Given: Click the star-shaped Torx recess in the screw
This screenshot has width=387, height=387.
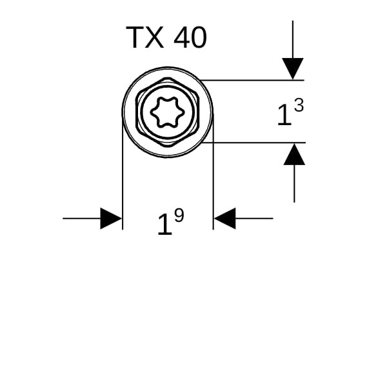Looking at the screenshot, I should [x=167, y=113].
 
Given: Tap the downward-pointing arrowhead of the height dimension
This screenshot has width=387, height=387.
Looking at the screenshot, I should [x=293, y=68].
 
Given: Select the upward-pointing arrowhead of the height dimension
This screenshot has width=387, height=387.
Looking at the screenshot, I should [x=294, y=154].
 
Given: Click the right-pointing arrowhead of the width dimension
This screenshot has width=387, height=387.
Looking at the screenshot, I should [x=111, y=219].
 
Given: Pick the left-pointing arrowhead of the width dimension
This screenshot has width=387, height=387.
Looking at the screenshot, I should [x=224, y=219].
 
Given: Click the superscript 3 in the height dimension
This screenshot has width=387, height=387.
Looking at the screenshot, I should [x=297, y=105].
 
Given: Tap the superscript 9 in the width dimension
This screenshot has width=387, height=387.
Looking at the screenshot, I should [x=179, y=215].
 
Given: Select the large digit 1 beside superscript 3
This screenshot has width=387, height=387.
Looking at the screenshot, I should [x=283, y=116].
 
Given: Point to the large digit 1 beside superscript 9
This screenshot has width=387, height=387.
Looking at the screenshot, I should [x=164, y=226].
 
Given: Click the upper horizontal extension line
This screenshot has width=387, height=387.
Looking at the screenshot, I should [x=252, y=80].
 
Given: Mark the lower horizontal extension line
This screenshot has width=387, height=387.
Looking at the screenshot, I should [x=252, y=143].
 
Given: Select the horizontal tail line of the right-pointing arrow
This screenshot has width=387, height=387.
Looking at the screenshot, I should [x=81, y=219].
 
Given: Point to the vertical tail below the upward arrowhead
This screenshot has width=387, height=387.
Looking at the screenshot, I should [x=294, y=184].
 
